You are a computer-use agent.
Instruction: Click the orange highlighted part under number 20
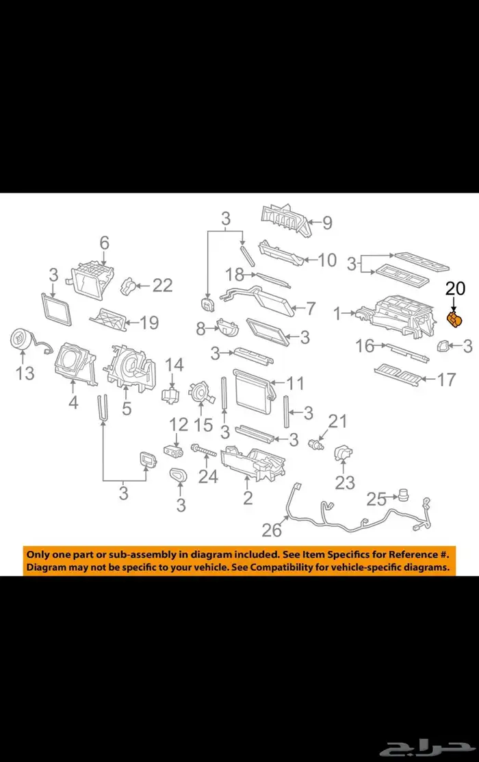coord(454,320)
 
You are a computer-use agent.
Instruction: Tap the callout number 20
coord(455,288)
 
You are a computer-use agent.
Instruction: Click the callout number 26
coord(272,530)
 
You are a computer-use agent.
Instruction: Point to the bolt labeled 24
coord(204,450)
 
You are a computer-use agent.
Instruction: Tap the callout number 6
coord(104,243)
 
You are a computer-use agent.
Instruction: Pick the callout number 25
coord(376,499)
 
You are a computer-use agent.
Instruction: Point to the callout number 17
coord(446,380)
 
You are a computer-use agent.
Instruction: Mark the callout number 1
coord(338,313)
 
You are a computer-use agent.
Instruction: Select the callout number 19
coord(149,322)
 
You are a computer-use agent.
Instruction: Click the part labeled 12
coord(173,452)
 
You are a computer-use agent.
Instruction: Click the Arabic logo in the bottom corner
coord(427,743)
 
